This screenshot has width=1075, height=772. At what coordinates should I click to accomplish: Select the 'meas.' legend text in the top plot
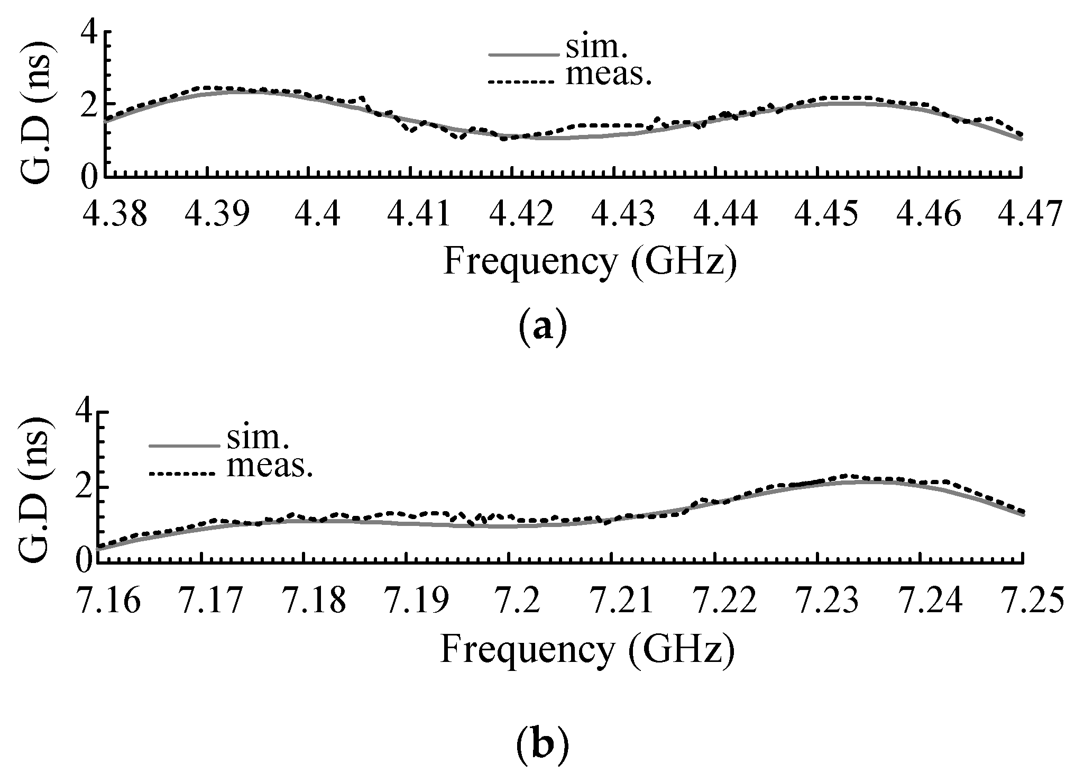point(608,76)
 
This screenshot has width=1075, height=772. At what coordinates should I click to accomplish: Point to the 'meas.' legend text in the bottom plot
point(270,466)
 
